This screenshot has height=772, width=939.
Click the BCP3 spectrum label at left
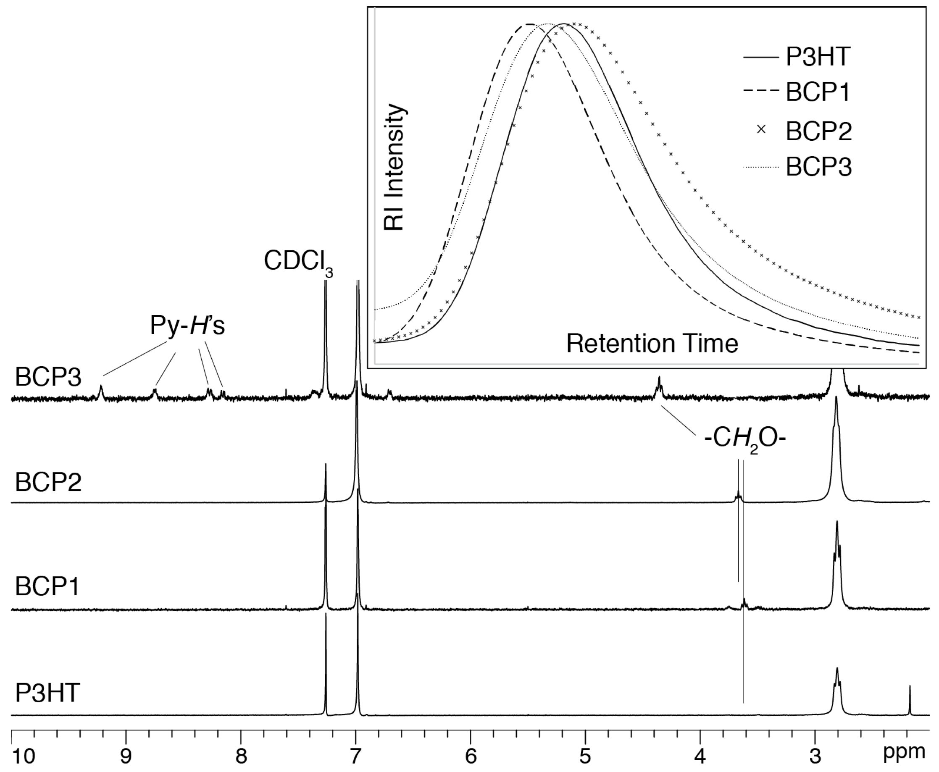(48, 377)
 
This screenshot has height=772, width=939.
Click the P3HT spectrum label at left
(47, 693)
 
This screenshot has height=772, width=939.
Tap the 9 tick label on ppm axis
(126, 756)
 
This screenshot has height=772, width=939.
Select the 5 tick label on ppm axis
(585, 756)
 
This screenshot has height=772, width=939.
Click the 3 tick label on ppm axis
(815, 756)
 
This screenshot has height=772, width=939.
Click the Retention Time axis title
(652, 344)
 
